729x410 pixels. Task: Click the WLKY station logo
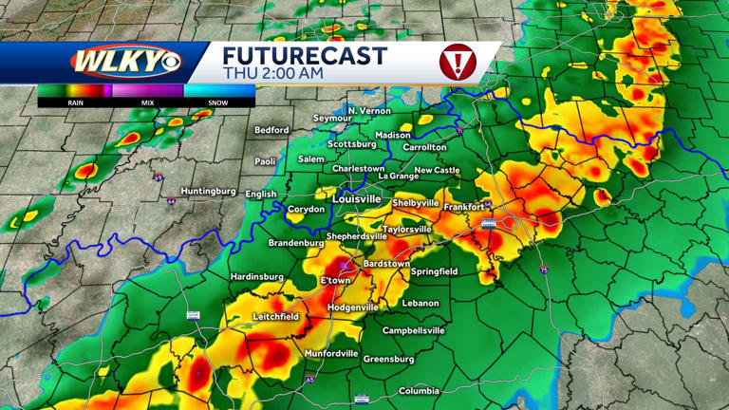(124, 62)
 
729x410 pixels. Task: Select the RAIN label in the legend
(74, 102)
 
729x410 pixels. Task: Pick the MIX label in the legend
(147, 102)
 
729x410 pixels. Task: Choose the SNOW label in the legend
(218, 102)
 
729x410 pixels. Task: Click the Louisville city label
(356, 199)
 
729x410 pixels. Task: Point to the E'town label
(335, 281)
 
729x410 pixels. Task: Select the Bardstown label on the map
(386, 263)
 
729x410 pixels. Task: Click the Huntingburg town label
(208, 191)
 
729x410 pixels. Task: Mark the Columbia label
(419, 391)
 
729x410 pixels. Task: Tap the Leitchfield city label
(275, 316)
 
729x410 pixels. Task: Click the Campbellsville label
(414, 330)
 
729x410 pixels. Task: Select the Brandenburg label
(270, 242)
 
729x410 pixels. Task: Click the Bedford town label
(271, 130)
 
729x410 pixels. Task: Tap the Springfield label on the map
(435, 271)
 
